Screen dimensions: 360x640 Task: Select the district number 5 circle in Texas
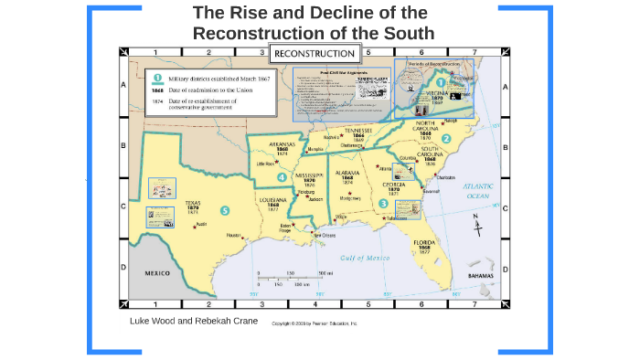click(225, 211)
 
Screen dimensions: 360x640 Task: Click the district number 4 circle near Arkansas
click(283, 177)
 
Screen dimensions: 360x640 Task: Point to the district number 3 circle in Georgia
click(384, 203)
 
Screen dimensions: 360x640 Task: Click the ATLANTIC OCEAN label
click(476, 189)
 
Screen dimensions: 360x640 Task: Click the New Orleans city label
click(330, 235)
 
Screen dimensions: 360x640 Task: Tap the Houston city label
click(235, 235)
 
